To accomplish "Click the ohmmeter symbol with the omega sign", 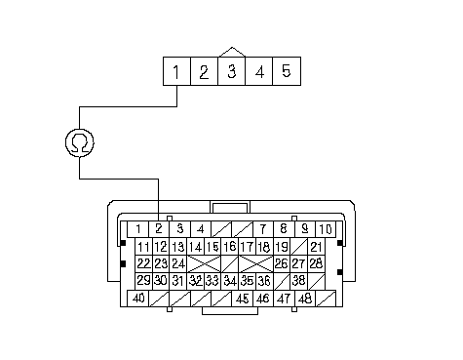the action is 80,142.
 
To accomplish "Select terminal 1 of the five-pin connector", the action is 176,71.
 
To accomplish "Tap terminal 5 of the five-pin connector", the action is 287,71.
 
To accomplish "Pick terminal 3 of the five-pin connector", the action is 231,71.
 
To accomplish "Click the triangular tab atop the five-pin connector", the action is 232,53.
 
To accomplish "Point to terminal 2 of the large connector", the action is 159,229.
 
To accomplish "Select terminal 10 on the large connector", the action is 326,229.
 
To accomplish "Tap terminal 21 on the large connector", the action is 316,247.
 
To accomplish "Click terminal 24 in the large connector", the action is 178,263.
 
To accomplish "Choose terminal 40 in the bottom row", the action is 137,299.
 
